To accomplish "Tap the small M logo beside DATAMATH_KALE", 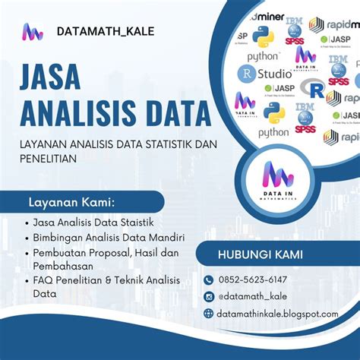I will click(33, 32).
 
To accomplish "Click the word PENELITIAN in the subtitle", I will click(50, 159).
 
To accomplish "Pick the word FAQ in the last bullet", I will click(44, 280).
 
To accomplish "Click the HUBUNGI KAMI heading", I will click(260, 254).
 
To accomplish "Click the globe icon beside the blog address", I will click(209, 314).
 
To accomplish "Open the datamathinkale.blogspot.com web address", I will click(277, 314).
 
